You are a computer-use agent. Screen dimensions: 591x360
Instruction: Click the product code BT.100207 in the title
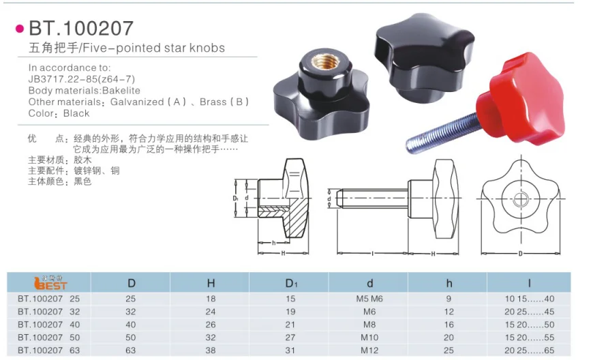pyautogui.click(x=81, y=28)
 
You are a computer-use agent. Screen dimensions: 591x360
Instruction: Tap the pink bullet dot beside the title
pyautogui.click(x=20, y=29)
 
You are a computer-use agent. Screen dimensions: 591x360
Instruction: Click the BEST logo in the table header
pyautogui.click(x=50, y=283)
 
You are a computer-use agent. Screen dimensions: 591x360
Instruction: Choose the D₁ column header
pyautogui.click(x=291, y=284)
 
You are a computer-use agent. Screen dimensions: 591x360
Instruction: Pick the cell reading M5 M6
pyautogui.click(x=369, y=299)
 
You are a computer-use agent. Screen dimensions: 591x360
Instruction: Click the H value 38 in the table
pyautogui.click(x=211, y=350)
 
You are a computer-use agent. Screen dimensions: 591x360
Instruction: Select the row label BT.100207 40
pyautogui.click(x=48, y=325)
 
